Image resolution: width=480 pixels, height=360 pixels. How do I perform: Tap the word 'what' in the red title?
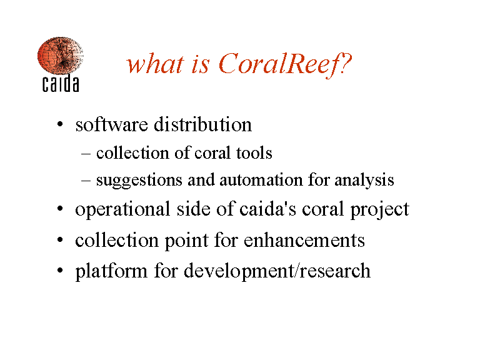coord(156,64)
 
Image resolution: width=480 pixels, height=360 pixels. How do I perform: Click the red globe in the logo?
coord(60,56)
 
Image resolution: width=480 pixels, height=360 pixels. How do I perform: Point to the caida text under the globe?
coord(61,83)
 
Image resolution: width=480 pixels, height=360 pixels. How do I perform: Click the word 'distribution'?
coord(202,124)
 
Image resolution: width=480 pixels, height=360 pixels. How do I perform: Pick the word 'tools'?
coord(254,152)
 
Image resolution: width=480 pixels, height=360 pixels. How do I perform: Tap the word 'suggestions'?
coord(139,181)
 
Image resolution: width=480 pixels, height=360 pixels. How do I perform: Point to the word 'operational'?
coord(122,210)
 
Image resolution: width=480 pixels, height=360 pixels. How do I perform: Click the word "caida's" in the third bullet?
coord(268,209)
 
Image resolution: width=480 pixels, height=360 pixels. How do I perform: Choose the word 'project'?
coord(379,210)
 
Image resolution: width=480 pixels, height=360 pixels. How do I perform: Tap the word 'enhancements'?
coord(304,240)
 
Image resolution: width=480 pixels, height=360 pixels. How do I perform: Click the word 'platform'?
coord(111,271)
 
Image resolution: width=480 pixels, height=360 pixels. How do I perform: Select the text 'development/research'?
coord(277,271)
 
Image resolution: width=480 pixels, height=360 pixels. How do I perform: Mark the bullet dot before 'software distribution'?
coord(60,124)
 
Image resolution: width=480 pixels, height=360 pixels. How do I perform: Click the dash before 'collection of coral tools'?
coord(86,153)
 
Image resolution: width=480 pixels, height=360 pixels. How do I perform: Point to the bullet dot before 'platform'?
coord(60,271)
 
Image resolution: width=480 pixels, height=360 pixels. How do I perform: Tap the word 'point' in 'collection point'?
coord(187,241)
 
